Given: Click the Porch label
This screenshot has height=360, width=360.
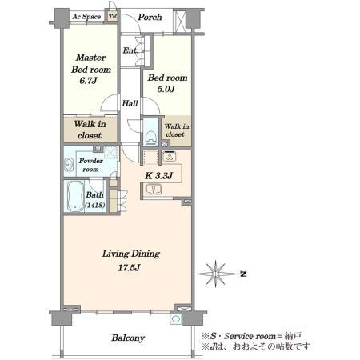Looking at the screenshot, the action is (150, 18).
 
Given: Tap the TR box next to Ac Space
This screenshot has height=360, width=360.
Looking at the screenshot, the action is (113, 17).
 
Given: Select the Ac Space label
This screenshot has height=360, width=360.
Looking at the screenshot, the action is (86, 17).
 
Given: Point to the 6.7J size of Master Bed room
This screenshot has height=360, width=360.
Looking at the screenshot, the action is (88, 80).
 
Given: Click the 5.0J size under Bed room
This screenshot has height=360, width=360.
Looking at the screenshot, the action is (166, 89).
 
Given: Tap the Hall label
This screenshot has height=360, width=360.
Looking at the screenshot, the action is (130, 103).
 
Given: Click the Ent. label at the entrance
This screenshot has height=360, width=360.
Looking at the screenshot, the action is (130, 50).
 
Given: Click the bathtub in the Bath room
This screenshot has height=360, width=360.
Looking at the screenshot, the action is (75, 196).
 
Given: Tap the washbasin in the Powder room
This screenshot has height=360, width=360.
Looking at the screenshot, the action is (69, 165).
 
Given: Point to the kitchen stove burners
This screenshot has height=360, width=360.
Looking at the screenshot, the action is (169, 156).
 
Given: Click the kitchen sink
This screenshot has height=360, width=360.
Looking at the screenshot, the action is (154, 190).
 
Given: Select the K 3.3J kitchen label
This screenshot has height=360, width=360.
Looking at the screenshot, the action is (159, 176).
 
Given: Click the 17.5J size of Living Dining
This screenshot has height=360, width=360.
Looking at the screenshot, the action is (129, 267).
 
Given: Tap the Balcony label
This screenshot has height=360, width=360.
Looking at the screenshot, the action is (128, 338).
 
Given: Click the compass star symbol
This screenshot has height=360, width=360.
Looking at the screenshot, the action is (216, 274).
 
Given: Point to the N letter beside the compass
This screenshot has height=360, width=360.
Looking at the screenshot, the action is (243, 274).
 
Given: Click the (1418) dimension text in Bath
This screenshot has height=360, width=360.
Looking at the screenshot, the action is (94, 205).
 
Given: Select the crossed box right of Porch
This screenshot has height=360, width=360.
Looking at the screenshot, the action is (179, 21).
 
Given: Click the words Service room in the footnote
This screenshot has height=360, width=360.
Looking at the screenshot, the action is (250, 336).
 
